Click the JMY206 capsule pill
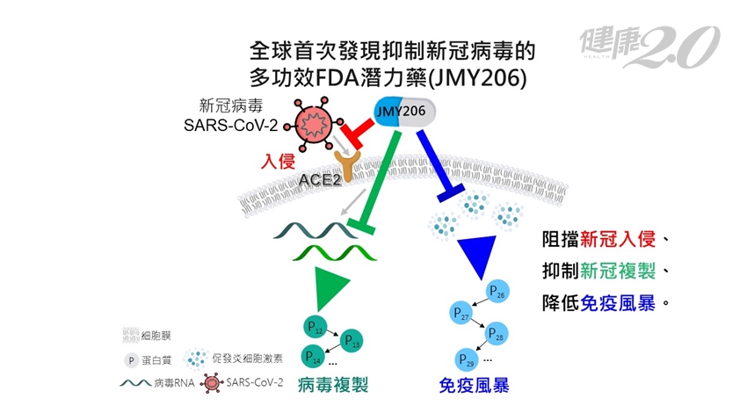point(404,112)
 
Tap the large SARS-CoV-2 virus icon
point(314,124)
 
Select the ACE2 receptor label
point(320,180)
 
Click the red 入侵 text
point(278,162)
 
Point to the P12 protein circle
point(315,327)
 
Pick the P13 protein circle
point(352,341)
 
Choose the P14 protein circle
point(313,356)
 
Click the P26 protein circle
point(497,291)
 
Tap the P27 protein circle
point(461,314)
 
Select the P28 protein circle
point(496,333)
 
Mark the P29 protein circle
point(467,359)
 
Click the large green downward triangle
point(330,286)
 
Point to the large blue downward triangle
point(478,253)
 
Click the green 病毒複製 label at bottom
point(333,385)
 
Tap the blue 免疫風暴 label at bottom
point(474,385)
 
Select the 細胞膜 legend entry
point(146,336)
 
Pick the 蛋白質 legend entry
point(148,360)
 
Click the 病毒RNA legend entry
point(157,383)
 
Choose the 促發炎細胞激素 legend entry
point(234,358)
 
